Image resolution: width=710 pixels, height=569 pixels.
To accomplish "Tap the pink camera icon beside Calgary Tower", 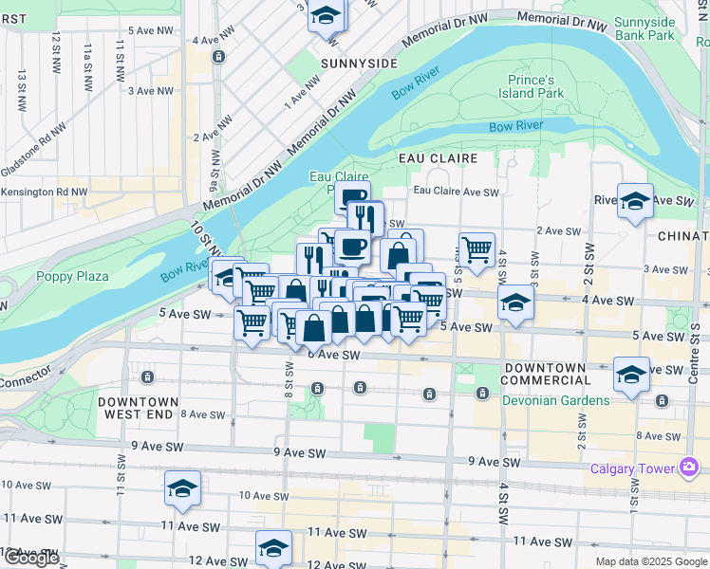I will (688, 467).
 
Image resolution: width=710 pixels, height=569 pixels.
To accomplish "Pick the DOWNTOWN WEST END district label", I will (136, 408).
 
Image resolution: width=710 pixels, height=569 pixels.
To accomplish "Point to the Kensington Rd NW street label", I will (44, 192).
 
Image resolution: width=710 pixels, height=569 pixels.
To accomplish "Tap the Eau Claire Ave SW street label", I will (456, 192).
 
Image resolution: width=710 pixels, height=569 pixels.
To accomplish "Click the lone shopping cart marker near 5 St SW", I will (476, 250).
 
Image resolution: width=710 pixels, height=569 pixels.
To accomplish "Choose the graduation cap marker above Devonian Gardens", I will (632, 374).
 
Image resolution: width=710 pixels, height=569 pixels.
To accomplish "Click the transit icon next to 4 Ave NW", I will (219, 57).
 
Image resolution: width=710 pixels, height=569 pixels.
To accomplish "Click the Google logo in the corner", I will (31, 558).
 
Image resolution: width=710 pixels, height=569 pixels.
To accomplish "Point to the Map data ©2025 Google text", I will (650, 561).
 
